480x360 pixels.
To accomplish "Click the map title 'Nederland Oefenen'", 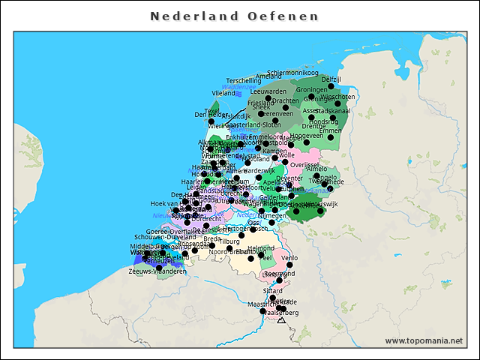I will point(234,16).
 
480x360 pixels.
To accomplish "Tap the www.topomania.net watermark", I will point(424,340).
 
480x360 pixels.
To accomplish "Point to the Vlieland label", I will point(223,93).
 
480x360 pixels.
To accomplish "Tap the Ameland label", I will point(268,76).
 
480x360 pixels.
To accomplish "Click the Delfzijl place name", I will point(331,79).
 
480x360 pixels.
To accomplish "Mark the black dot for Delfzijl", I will point(331,86).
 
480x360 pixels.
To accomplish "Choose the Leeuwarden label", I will point(268,91).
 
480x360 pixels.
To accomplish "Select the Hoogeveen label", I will point(307,136).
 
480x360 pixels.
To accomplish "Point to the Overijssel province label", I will point(304,163).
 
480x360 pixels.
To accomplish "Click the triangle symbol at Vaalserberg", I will point(280,320).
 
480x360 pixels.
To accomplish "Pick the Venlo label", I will point(289,257).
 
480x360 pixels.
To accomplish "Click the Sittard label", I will point(273,289).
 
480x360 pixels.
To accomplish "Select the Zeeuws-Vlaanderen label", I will point(157,271).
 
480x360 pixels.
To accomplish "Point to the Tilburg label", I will point(229,241).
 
